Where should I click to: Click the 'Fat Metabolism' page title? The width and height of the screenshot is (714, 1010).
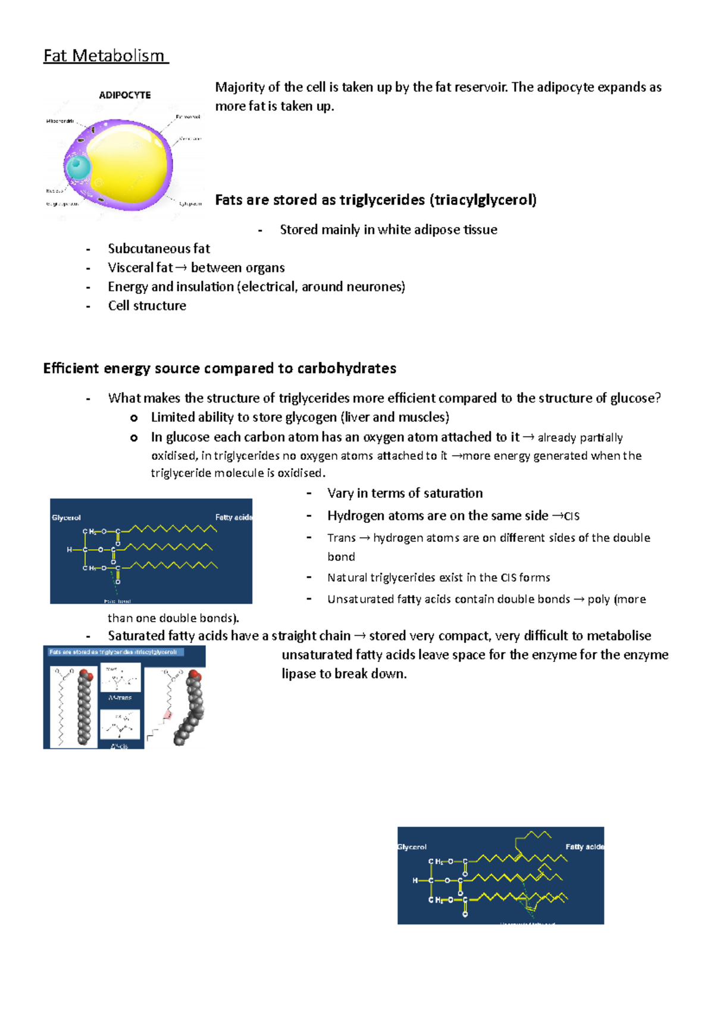pos(105,56)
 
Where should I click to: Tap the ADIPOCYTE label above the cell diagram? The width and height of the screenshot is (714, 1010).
pos(124,95)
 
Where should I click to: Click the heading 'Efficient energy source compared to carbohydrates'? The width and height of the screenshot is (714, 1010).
pos(220,368)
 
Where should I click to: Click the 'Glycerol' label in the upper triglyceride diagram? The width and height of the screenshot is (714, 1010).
pos(66,517)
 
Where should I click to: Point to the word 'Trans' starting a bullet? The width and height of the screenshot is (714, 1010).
pos(341,538)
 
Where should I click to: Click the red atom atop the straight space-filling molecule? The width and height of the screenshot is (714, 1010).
pos(87,676)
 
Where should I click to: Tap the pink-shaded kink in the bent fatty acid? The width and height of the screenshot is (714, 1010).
pos(168,714)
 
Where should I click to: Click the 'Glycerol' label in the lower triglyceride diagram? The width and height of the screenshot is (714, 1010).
pos(412,847)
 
